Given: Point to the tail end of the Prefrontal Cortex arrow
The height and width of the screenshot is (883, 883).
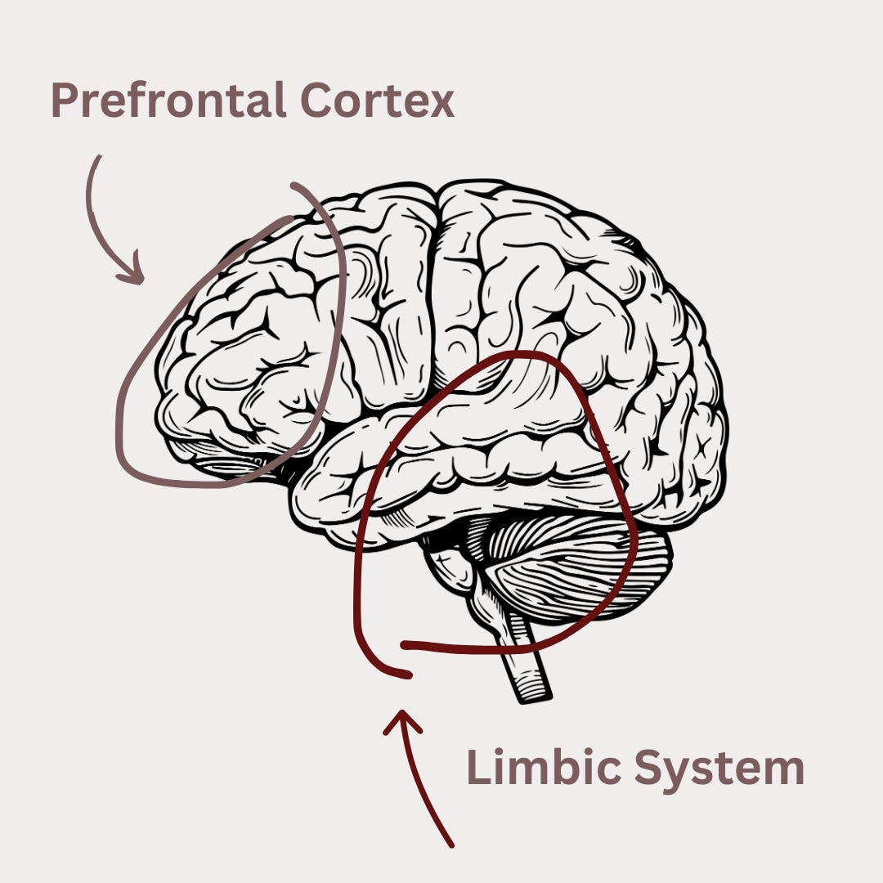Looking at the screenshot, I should pyautogui.click(x=100, y=157).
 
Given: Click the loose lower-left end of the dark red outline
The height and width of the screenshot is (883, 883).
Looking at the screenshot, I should pyautogui.click(x=406, y=675).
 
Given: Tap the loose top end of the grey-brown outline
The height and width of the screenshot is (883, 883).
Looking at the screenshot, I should pyautogui.click(x=294, y=186).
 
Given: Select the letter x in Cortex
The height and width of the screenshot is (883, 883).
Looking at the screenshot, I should pyautogui.click(x=441, y=105).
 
